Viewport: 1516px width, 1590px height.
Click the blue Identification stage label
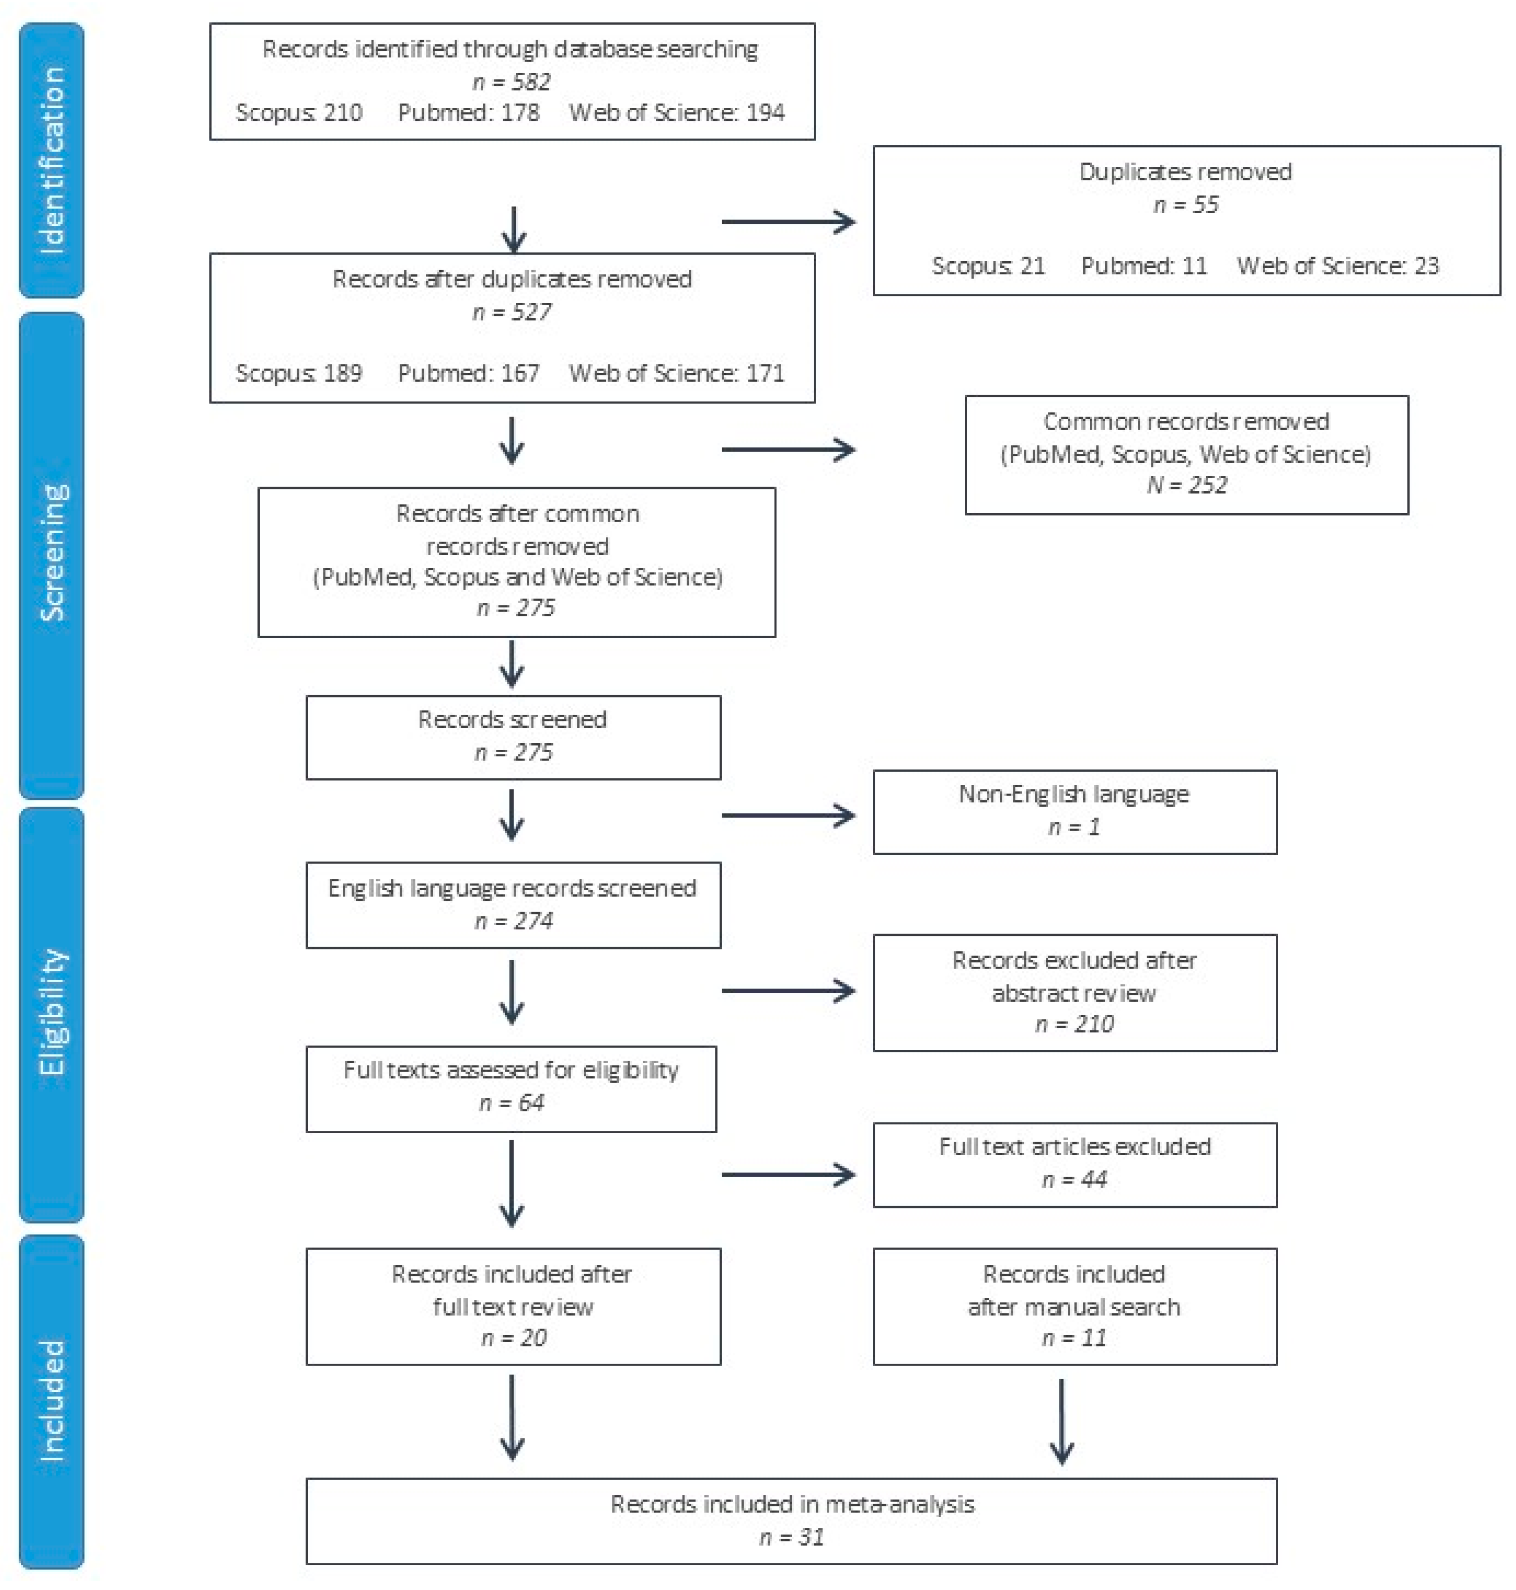(51, 160)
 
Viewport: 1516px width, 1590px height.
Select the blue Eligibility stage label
(51, 1014)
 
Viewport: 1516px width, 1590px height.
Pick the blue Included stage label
(51, 1401)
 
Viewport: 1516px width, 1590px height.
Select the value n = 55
(1185, 204)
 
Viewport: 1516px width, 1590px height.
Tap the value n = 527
(512, 312)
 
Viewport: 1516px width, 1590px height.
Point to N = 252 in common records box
(1185, 485)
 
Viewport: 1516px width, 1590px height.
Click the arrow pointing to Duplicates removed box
(788, 222)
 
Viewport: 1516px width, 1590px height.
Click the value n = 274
(513, 921)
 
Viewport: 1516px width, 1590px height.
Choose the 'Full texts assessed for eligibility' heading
(511, 1070)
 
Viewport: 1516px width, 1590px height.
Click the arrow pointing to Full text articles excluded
(788, 1174)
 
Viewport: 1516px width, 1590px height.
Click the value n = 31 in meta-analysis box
(791, 1537)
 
